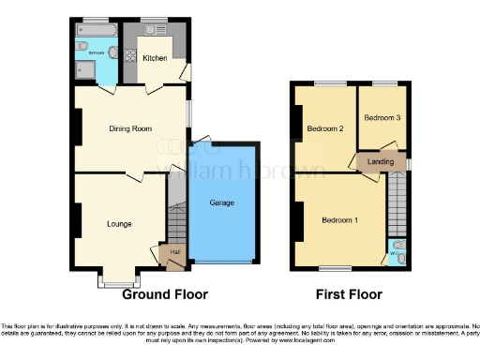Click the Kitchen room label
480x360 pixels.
(155, 58)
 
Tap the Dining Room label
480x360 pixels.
(132, 128)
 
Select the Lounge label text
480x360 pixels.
(118, 224)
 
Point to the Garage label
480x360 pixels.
(221, 202)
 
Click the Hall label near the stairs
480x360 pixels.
(173, 251)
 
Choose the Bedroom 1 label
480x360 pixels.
(339, 220)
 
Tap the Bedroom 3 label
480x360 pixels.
(382, 118)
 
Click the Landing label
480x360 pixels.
(382, 162)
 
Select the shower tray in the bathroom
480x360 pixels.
(116, 71)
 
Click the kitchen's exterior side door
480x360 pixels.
(187, 70)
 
